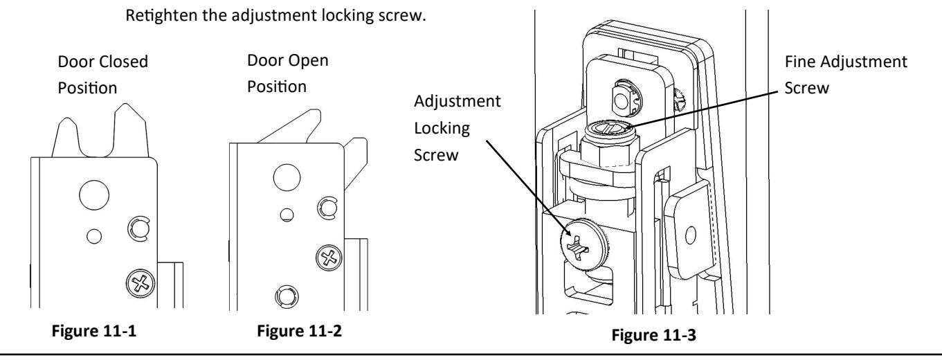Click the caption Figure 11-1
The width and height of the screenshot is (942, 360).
[93, 330]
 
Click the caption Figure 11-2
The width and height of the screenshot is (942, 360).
[299, 330]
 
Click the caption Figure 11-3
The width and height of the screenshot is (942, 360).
[653, 335]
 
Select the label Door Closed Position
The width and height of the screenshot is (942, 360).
[102, 75]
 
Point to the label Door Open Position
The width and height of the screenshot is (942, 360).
[288, 73]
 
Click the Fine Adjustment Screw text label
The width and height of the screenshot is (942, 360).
[846, 75]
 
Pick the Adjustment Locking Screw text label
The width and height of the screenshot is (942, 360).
[457, 128]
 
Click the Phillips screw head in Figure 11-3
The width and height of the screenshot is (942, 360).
[581, 244]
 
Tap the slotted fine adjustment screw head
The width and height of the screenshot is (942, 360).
[611, 128]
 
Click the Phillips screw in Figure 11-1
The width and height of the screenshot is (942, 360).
[140, 283]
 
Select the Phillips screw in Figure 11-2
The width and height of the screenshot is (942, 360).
[329, 258]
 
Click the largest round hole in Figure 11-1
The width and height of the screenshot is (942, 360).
[94, 195]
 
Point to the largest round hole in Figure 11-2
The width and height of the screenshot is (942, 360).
[287, 177]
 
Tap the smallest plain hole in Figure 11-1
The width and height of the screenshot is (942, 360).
[94, 236]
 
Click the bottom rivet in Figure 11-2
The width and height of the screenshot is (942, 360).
[287, 296]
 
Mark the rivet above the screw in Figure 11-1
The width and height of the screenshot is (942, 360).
[138, 229]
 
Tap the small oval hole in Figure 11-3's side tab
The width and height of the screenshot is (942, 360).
[691, 235]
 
